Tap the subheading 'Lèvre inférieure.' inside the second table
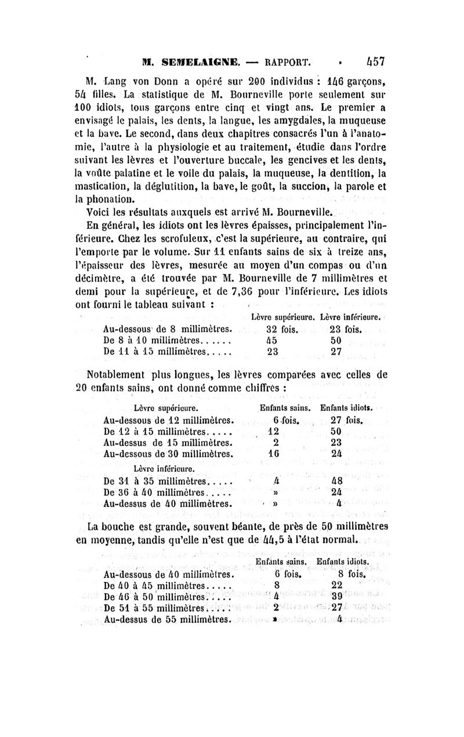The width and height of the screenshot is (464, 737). pos(159,468)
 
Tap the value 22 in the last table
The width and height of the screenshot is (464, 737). pos(338,586)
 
